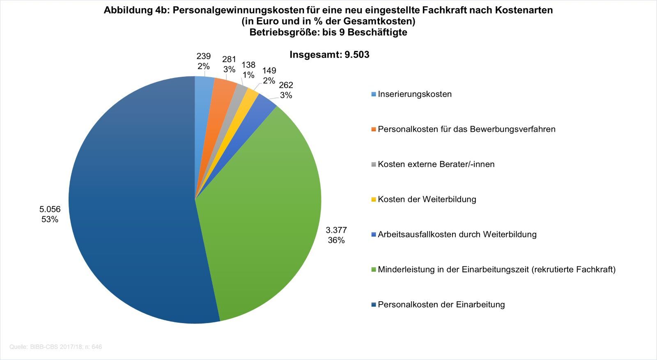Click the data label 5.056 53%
[50, 214]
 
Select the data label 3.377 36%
[336, 235]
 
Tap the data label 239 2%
[203, 61]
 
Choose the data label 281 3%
[229, 64]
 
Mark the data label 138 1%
[248, 70]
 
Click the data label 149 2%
[269, 76]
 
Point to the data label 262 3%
[286, 90]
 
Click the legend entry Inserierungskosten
[414, 94]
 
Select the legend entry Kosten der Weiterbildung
[427, 199]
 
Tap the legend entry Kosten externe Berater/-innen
[436, 164]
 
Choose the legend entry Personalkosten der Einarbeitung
[441, 305]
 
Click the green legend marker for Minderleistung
[373, 270]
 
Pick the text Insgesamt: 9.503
[329, 55]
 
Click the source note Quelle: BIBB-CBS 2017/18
[55, 347]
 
